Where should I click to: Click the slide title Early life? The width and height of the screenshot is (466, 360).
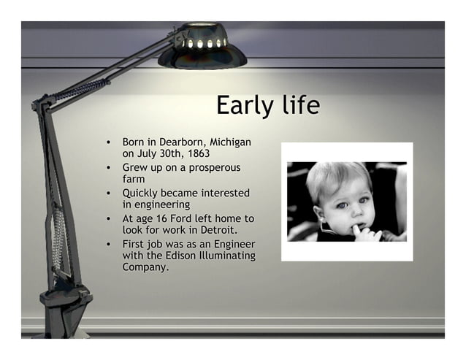(267, 105)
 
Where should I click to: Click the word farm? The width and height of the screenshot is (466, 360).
(133, 179)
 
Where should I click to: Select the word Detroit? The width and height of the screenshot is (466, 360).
(218, 231)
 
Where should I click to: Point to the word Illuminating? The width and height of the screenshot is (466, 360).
(227, 256)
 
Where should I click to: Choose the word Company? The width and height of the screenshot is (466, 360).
(146, 268)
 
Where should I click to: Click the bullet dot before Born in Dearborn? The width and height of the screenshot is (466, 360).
(108, 141)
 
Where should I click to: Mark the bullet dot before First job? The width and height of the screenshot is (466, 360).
(108, 244)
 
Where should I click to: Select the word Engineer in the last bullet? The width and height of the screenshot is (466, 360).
(233, 243)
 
